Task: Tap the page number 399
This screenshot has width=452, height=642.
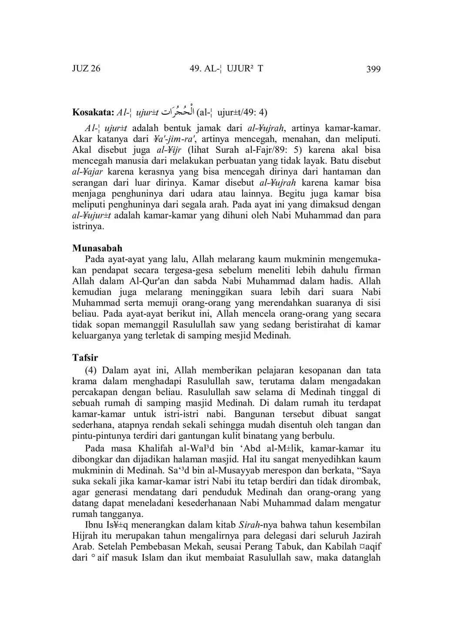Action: [x=373, y=69]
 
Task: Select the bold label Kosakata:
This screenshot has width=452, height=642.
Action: [x=92, y=113]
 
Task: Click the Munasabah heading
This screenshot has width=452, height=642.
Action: [x=97, y=248]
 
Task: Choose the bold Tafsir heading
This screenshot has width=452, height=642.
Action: [x=85, y=357]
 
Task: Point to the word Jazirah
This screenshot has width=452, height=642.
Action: [x=364, y=535]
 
